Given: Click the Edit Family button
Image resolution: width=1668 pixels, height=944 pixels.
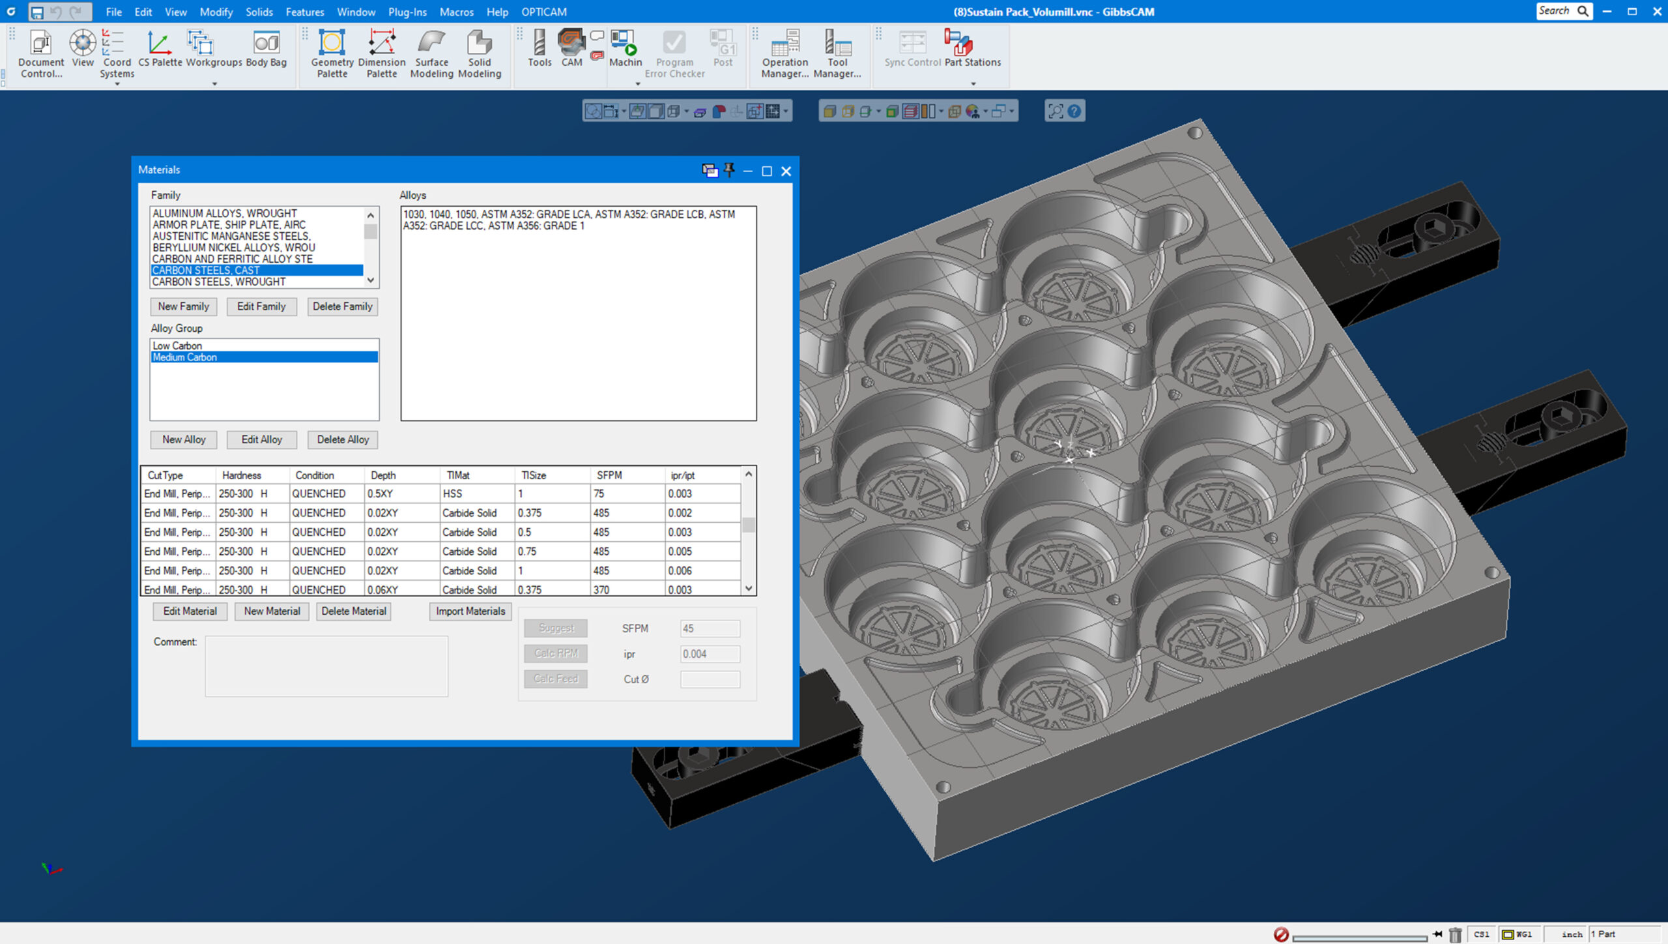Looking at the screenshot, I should coord(261,306).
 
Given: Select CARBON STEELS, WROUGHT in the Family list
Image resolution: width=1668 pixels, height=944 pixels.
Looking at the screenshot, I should coord(219,282).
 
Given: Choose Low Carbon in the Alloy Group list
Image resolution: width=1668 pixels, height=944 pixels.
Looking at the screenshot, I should coord(177,346).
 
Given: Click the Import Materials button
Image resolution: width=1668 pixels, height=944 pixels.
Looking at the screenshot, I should coord(470,611).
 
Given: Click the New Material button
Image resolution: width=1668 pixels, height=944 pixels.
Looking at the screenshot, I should coord(272,611).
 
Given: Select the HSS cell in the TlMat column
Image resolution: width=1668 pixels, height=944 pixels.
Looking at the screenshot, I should coord(453,494).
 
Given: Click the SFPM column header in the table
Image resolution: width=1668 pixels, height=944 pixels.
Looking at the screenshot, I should coord(609,475).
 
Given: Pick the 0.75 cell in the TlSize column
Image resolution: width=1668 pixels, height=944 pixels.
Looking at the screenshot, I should coord(527,552).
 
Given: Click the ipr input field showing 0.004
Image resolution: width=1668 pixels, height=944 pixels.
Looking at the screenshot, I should coord(709,654).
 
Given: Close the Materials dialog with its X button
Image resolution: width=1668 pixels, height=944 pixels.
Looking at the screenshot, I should coord(786,171).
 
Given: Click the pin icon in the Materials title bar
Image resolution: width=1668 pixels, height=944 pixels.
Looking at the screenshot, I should coord(729,170).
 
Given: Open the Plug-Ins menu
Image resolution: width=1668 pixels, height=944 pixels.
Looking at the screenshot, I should coord(407,12).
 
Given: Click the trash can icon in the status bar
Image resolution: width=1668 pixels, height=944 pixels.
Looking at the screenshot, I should coord(1455,935).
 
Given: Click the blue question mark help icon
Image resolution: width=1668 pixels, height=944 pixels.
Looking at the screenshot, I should coord(1074,111).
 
